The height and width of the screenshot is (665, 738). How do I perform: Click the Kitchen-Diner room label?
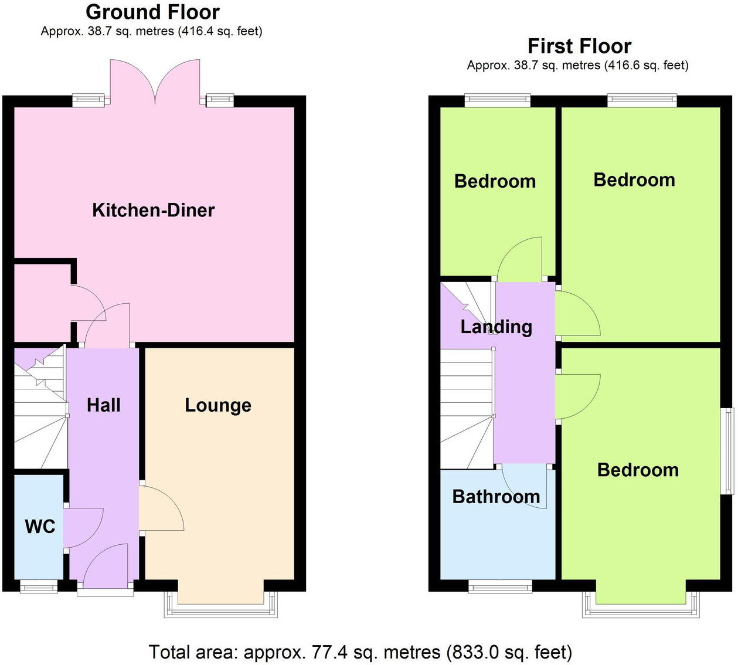click(x=153, y=210)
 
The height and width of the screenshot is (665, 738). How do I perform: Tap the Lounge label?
click(x=218, y=405)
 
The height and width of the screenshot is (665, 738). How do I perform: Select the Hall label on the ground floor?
click(x=104, y=405)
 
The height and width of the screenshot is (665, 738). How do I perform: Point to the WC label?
click(x=40, y=526)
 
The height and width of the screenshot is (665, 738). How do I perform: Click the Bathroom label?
click(x=496, y=497)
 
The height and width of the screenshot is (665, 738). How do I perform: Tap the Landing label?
click(x=496, y=327)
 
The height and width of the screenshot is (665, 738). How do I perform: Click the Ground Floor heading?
click(x=152, y=12)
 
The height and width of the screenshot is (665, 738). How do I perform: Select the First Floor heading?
click(x=579, y=46)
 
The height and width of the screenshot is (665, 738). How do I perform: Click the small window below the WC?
click(x=39, y=586)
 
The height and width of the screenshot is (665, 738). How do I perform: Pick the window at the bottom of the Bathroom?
click(x=500, y=586)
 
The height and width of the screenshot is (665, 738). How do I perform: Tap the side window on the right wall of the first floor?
click(x=727, y=451)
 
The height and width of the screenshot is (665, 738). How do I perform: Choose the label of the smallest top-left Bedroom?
click(x=495, y=181)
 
